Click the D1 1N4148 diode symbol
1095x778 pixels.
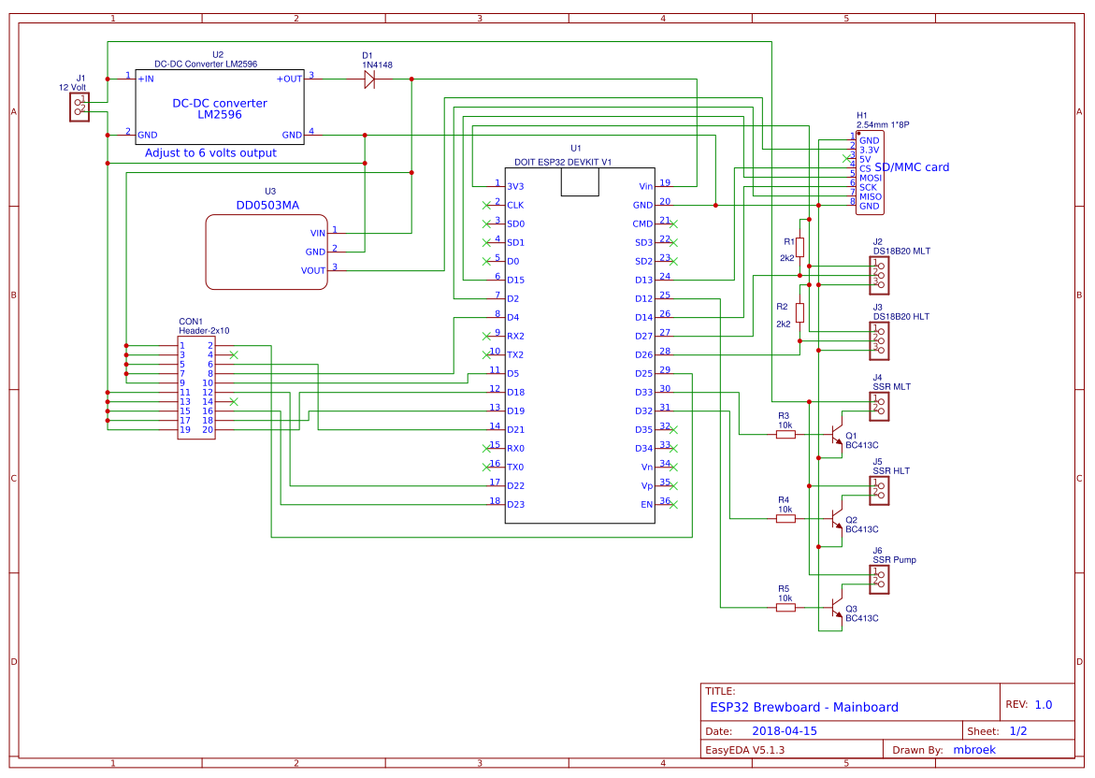tap(369, 79)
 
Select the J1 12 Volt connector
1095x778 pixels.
tap(79, 107)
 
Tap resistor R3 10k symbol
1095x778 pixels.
tap(785, 434)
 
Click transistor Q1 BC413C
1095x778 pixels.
tap(836, 436)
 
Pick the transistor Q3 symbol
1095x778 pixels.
tap(836, 608)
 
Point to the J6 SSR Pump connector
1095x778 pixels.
tap(879, 579)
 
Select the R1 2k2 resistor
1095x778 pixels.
tap(800, 247)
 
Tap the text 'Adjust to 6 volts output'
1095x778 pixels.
tap(210, 152)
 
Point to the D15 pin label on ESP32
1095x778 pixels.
tap(515, 280)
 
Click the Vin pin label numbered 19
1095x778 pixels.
tap(645, 186)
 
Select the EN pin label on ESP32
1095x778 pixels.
tap(646, 504)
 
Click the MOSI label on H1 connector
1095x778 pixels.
tap(870, 178)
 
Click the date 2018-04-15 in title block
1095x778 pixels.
tap(784, 731)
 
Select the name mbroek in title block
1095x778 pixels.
tap(973, 750)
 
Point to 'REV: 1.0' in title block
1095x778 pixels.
tap(1029, 705)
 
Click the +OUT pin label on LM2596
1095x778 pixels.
tap(289, 79)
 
